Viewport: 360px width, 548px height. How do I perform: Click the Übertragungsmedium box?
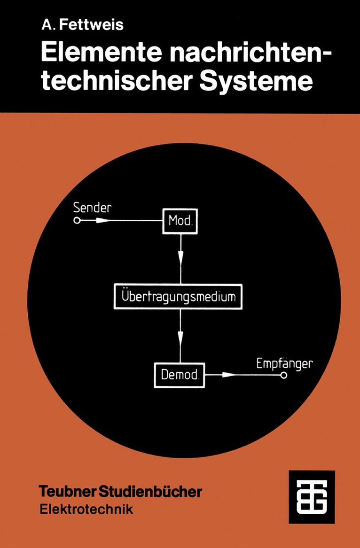click(x=179, y=296)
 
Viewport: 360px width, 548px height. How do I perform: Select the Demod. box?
click(x=180, y=375)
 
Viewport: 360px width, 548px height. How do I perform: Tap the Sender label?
click(x=92, y=207)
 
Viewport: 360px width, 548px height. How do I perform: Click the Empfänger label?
click(x=284, y=363)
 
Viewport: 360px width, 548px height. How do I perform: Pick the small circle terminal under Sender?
click(x=77, y=220)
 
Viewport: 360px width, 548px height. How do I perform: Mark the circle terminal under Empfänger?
click(x=283, y=375)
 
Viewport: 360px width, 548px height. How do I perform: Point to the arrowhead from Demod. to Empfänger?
click(x=227, y=375)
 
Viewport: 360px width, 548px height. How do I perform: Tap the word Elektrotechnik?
click(x=86, y=509)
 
